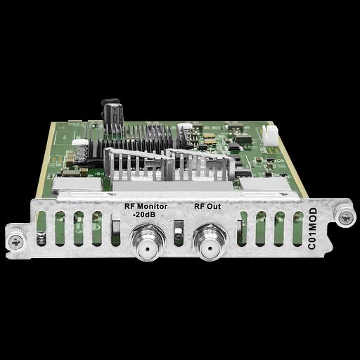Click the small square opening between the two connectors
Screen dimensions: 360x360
[x=179, y=229]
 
